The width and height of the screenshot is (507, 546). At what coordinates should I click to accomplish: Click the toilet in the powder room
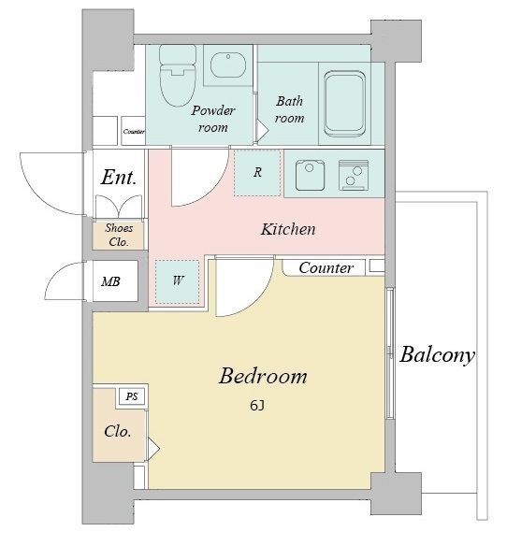[x=178, y=76]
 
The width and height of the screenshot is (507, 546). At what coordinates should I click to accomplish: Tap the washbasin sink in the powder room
[x=228, y=65]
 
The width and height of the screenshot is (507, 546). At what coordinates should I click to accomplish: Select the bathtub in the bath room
[x=344, y=104]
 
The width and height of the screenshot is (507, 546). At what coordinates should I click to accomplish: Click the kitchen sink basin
[x=310, y=175]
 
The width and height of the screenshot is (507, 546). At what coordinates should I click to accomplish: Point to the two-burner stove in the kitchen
[x=354, y=175]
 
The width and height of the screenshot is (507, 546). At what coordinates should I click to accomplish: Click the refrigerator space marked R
[x=257, y=173]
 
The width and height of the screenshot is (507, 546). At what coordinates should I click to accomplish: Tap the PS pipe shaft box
[x=132, y=396]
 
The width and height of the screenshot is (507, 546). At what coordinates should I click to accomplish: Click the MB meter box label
[x=110, y=281]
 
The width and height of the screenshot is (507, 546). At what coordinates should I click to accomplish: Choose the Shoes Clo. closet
[x=119, y=236]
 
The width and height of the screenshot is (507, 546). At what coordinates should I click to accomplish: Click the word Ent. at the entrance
[x=119, y=178]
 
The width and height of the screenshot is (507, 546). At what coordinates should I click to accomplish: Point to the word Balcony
[x=437, y=355]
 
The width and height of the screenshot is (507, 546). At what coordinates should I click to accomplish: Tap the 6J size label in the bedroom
[x=257, y=406]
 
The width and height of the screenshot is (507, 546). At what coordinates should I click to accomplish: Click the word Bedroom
[x=263, y=376]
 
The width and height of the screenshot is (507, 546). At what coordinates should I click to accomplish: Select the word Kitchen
[x=288, y=229]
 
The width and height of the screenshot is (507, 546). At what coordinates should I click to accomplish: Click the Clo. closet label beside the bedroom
[x=118, y=432]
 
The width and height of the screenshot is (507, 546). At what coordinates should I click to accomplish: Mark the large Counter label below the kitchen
[x=326, y=267]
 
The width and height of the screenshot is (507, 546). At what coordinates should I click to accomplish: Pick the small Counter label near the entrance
[x=134, y=132]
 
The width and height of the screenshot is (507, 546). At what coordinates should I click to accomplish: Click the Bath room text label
[x=290, y=109]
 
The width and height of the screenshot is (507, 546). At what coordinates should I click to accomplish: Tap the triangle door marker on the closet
[x=153, y=449]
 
